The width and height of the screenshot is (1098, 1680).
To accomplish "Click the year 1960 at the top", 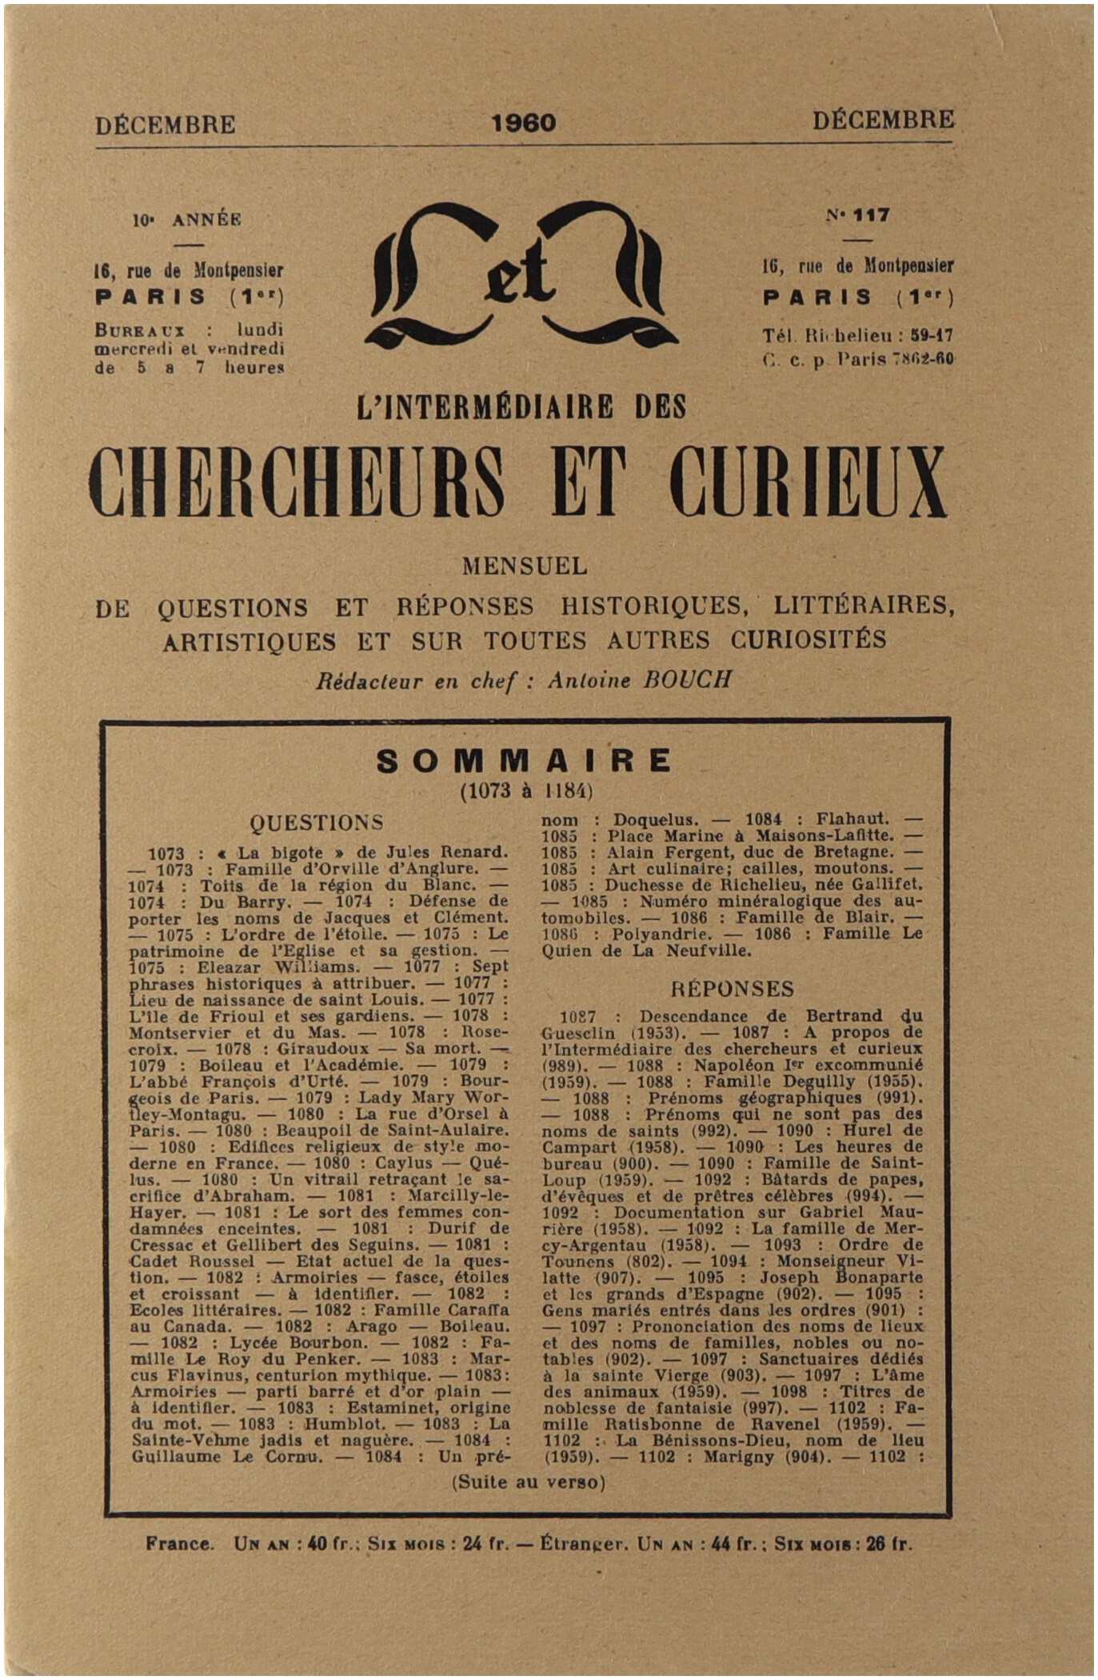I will [x=524, y=122].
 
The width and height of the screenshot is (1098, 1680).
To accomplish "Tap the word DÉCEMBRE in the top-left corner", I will [x=166, y=125].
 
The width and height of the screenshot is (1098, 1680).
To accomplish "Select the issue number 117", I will [x=871, y=214].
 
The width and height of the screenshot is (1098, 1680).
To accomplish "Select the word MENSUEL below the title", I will [x=525, y=566].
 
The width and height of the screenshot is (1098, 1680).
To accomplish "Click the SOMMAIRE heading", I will [x=525, y=761].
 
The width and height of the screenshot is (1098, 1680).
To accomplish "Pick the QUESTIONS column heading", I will [x=317, y=822].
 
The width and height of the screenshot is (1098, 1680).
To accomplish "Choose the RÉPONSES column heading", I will [x=732, y=989].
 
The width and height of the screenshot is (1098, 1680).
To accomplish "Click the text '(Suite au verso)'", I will [x=529, y=1482].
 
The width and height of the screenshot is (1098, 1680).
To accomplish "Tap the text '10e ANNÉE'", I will [x=187, y=219].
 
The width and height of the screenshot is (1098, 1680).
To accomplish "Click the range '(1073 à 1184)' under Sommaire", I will [x=525, y=791].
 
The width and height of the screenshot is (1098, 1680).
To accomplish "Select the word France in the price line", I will [x=180, y=1544].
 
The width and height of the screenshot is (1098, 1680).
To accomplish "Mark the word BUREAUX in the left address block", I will [x=140, y=330].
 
